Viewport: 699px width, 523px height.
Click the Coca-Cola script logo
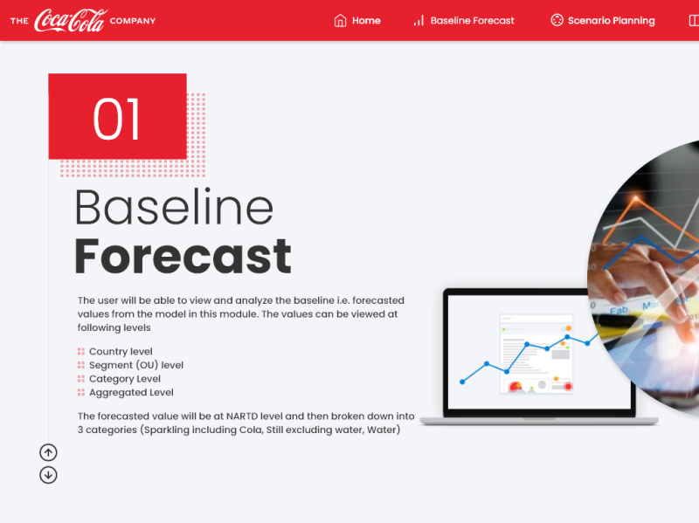tap(70, 20)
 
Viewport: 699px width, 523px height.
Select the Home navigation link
tap(366, 21)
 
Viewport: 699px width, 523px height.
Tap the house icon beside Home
tap(341, 21)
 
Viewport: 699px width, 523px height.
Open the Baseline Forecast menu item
tap(472, 21)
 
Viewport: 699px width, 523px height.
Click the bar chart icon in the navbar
tap(419, 21)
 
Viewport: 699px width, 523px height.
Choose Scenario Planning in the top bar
tap(611, 21)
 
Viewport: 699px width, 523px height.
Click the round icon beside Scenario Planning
tap(557, 21)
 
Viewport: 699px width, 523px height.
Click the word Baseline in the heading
tap(174, 208)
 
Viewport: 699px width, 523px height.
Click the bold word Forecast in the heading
tap(183, 257)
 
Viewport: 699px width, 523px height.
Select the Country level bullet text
tap(121, 352)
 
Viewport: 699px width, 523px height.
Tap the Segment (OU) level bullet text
tap(136, 366)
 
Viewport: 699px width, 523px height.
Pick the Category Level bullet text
tap(125, 379)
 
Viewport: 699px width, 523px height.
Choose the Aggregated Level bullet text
tap(131, 393)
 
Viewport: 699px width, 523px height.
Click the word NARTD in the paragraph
tap(244, 416)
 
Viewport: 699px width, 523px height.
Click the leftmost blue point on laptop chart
tap(462, 381)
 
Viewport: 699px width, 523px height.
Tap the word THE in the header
tap(19, 21)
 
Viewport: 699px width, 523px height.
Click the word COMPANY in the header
tap(133, 21)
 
